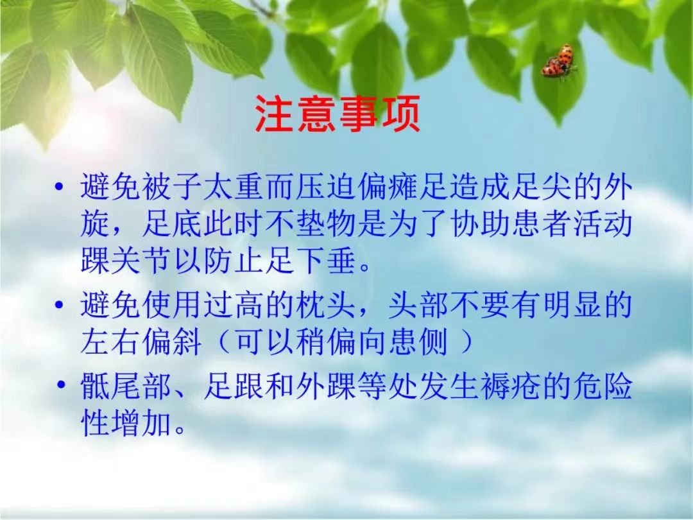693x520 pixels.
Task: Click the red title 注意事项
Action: (x=338, y=114)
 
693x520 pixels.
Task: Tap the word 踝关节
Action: (x=126, y=261)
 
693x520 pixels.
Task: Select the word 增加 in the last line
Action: (x=142, y=423)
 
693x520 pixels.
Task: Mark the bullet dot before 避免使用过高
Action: (x=60, y=305)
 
